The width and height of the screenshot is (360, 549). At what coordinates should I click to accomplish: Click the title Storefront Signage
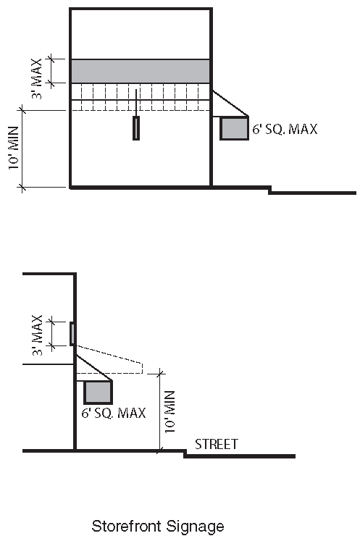(x=158, y=527)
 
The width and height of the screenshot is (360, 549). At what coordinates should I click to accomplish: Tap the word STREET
(x=217, y=444)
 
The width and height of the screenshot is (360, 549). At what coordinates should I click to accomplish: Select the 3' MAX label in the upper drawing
(x=37, y=79)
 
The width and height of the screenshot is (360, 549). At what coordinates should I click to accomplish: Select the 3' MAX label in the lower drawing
(x=37, y=335)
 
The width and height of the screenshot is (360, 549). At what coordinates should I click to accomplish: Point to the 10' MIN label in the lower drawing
(x=169, y=412)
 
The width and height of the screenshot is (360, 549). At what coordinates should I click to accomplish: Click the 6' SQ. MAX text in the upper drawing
(x=285, y=129)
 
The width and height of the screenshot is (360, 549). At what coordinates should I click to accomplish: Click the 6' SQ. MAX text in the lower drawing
(x=114, y=413)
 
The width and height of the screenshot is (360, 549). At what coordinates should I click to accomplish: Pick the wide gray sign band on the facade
(x=141, y=72)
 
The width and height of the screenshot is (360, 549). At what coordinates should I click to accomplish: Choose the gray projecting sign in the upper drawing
(x=234, y=128)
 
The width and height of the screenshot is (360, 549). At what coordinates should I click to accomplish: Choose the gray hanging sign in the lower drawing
(x=98, y=392)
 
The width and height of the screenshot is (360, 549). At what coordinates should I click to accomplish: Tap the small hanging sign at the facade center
(x=136, y=128)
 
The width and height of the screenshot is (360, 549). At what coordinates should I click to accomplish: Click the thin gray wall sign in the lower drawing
(x=72, y=334)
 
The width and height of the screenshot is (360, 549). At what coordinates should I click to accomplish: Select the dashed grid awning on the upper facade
(x=141, y=97)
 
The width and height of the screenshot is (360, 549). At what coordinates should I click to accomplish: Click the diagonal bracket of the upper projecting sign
(x=230, y=104)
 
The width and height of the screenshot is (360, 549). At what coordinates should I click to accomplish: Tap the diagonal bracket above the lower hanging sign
(x=94, y=368)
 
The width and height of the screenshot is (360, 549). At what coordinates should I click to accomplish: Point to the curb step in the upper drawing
(x=270, y=190)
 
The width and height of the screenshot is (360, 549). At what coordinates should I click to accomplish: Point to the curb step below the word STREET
(x=185, y=453)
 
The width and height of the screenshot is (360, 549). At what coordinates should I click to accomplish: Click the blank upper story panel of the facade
(x=141, y=34)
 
